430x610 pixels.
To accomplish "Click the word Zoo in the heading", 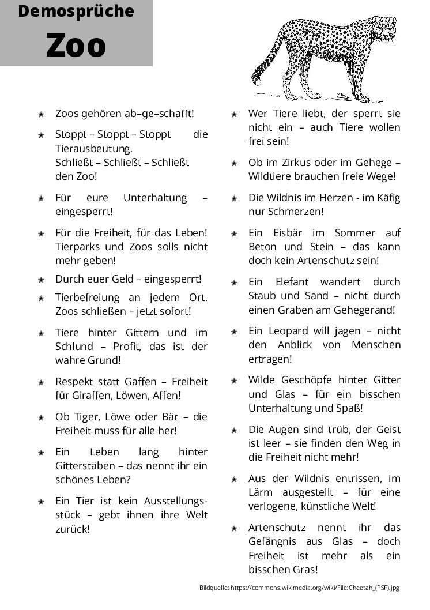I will click(x=76, y=45).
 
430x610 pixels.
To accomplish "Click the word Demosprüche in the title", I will click(x=76, y=11).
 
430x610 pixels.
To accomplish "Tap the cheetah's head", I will click(x=383, y=26).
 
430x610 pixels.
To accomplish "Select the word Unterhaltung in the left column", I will click(x=155, y=198).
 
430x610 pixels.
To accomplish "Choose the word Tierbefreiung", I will click(x=88, y=298).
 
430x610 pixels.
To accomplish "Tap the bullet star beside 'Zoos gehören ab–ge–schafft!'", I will click(x=41, y=114).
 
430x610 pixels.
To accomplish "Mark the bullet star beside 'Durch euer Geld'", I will click(x=41, y=280).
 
